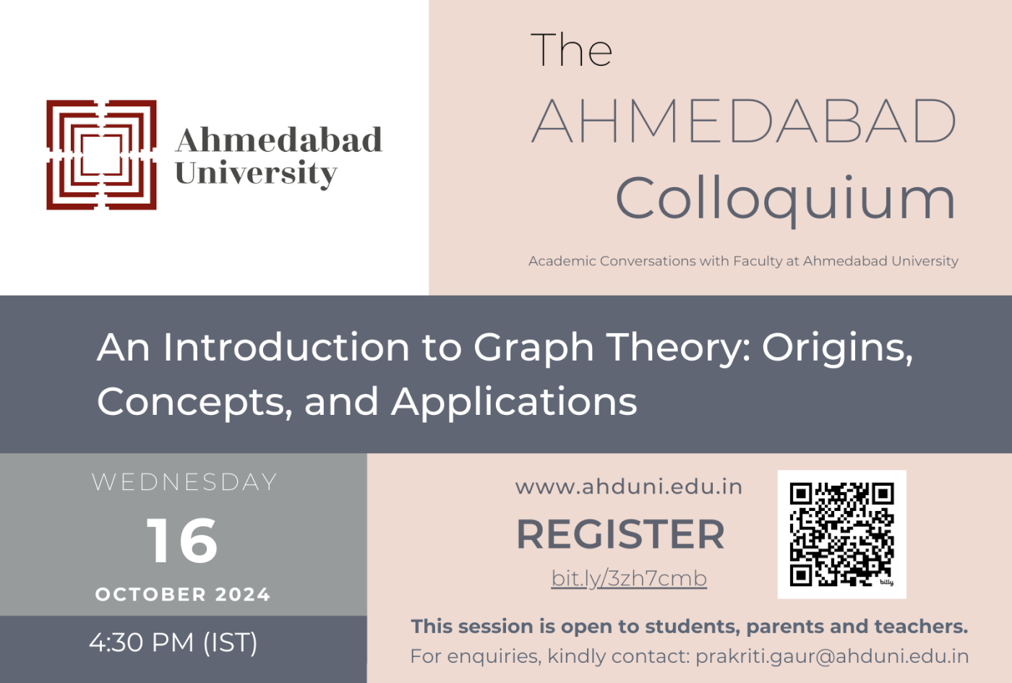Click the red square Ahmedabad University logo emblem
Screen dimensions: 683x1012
(101, 155)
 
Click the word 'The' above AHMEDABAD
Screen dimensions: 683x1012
(571, 51)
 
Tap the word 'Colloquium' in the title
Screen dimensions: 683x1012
(785, 199)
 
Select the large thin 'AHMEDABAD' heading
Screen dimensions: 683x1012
(744, 121)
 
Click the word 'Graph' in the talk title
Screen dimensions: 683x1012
(533, 348)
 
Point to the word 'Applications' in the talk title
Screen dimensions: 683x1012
(514, 402)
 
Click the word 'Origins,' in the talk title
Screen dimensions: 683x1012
(837, 348)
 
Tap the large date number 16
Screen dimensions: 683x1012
(182, 541)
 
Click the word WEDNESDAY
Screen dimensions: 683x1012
(184, 482)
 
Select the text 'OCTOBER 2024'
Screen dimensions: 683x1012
(183, 595)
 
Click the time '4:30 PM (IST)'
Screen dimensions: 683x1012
(173, 643)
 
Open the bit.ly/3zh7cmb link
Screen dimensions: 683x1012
(629, 578)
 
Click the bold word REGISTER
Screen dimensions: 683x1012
(620, 535)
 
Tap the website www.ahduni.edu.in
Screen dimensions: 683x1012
(629, 487)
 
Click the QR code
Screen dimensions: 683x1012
(841, 534)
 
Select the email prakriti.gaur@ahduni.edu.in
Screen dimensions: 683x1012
(832, 656)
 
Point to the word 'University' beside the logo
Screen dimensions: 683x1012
(256, 173)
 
